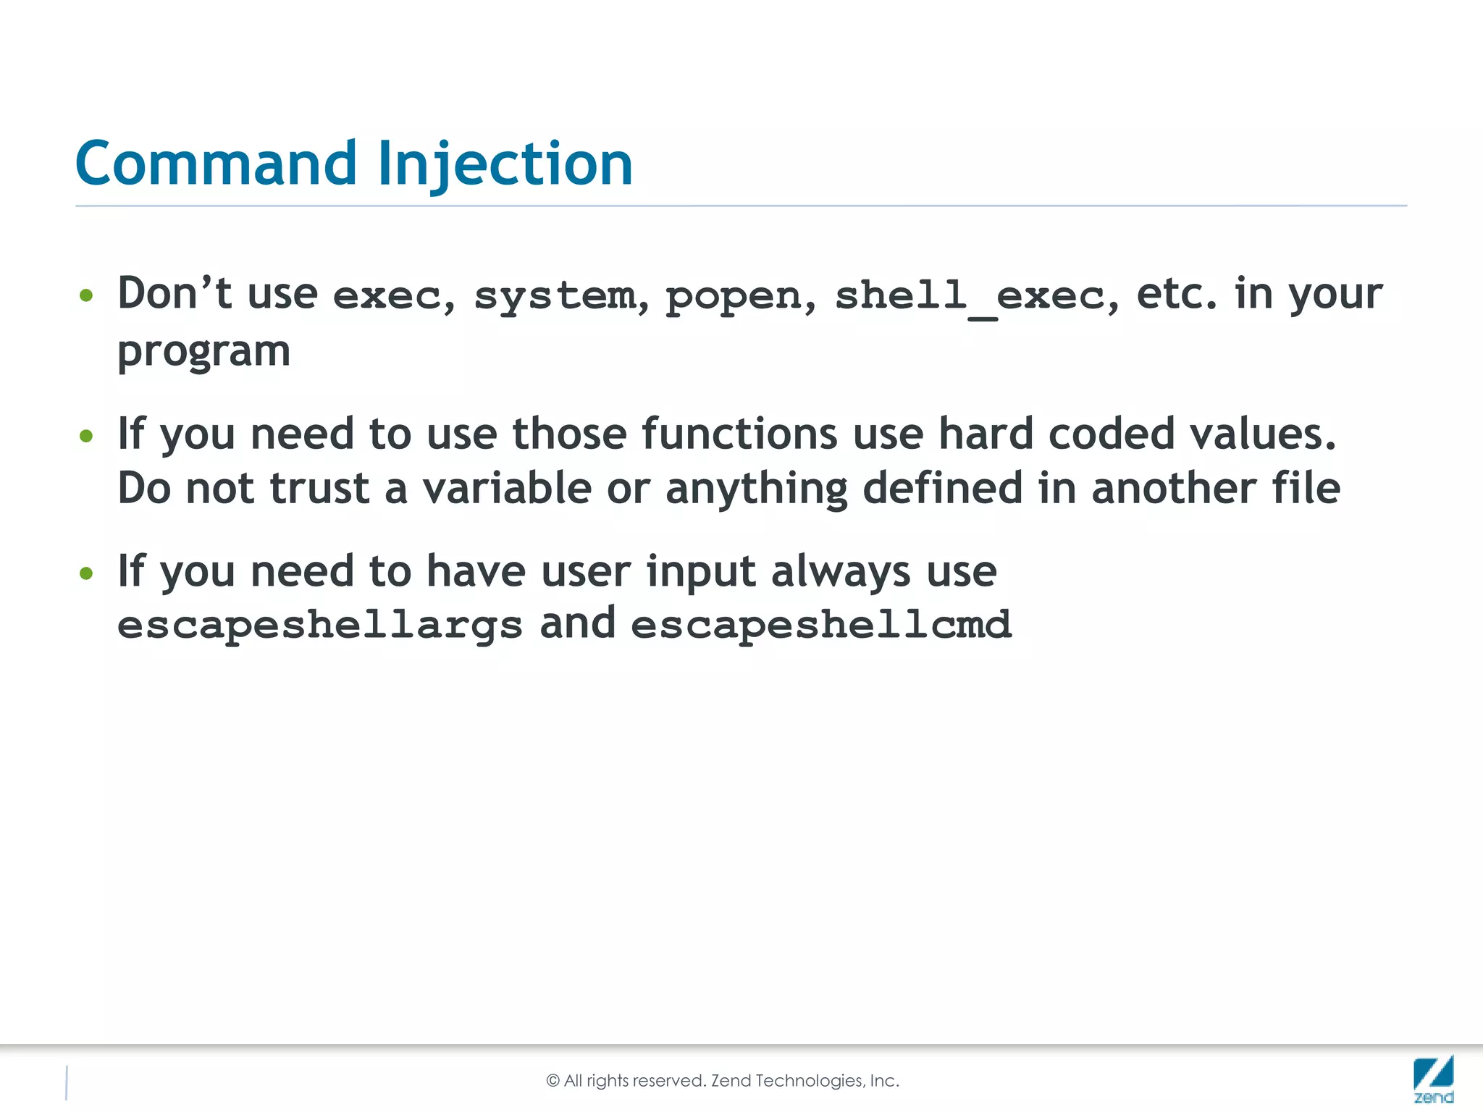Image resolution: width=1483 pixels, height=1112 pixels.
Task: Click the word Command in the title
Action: click(x=216, y=164)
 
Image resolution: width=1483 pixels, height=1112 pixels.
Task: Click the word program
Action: click(x=203, y=353)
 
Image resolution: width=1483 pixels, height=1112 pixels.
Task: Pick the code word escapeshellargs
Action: click(x=319, y=625)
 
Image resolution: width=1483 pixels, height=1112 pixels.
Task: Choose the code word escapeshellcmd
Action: click(x=820, y=625)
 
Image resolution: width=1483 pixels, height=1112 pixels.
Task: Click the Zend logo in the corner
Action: click(x=1433, y=1079)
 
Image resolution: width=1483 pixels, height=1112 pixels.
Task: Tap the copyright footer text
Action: click(x=723, y=1081)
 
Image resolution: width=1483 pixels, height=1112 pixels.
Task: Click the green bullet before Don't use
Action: click(x=87, y=295)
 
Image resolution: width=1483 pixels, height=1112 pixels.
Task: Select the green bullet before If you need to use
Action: click(x=87, y=436)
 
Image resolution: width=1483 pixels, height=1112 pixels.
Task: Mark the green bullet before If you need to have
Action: click(x=87, y=573)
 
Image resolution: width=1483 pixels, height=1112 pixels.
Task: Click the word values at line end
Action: click(x=1262, y=434)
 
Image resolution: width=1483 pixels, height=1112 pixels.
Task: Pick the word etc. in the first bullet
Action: click(x=1177, y=295)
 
